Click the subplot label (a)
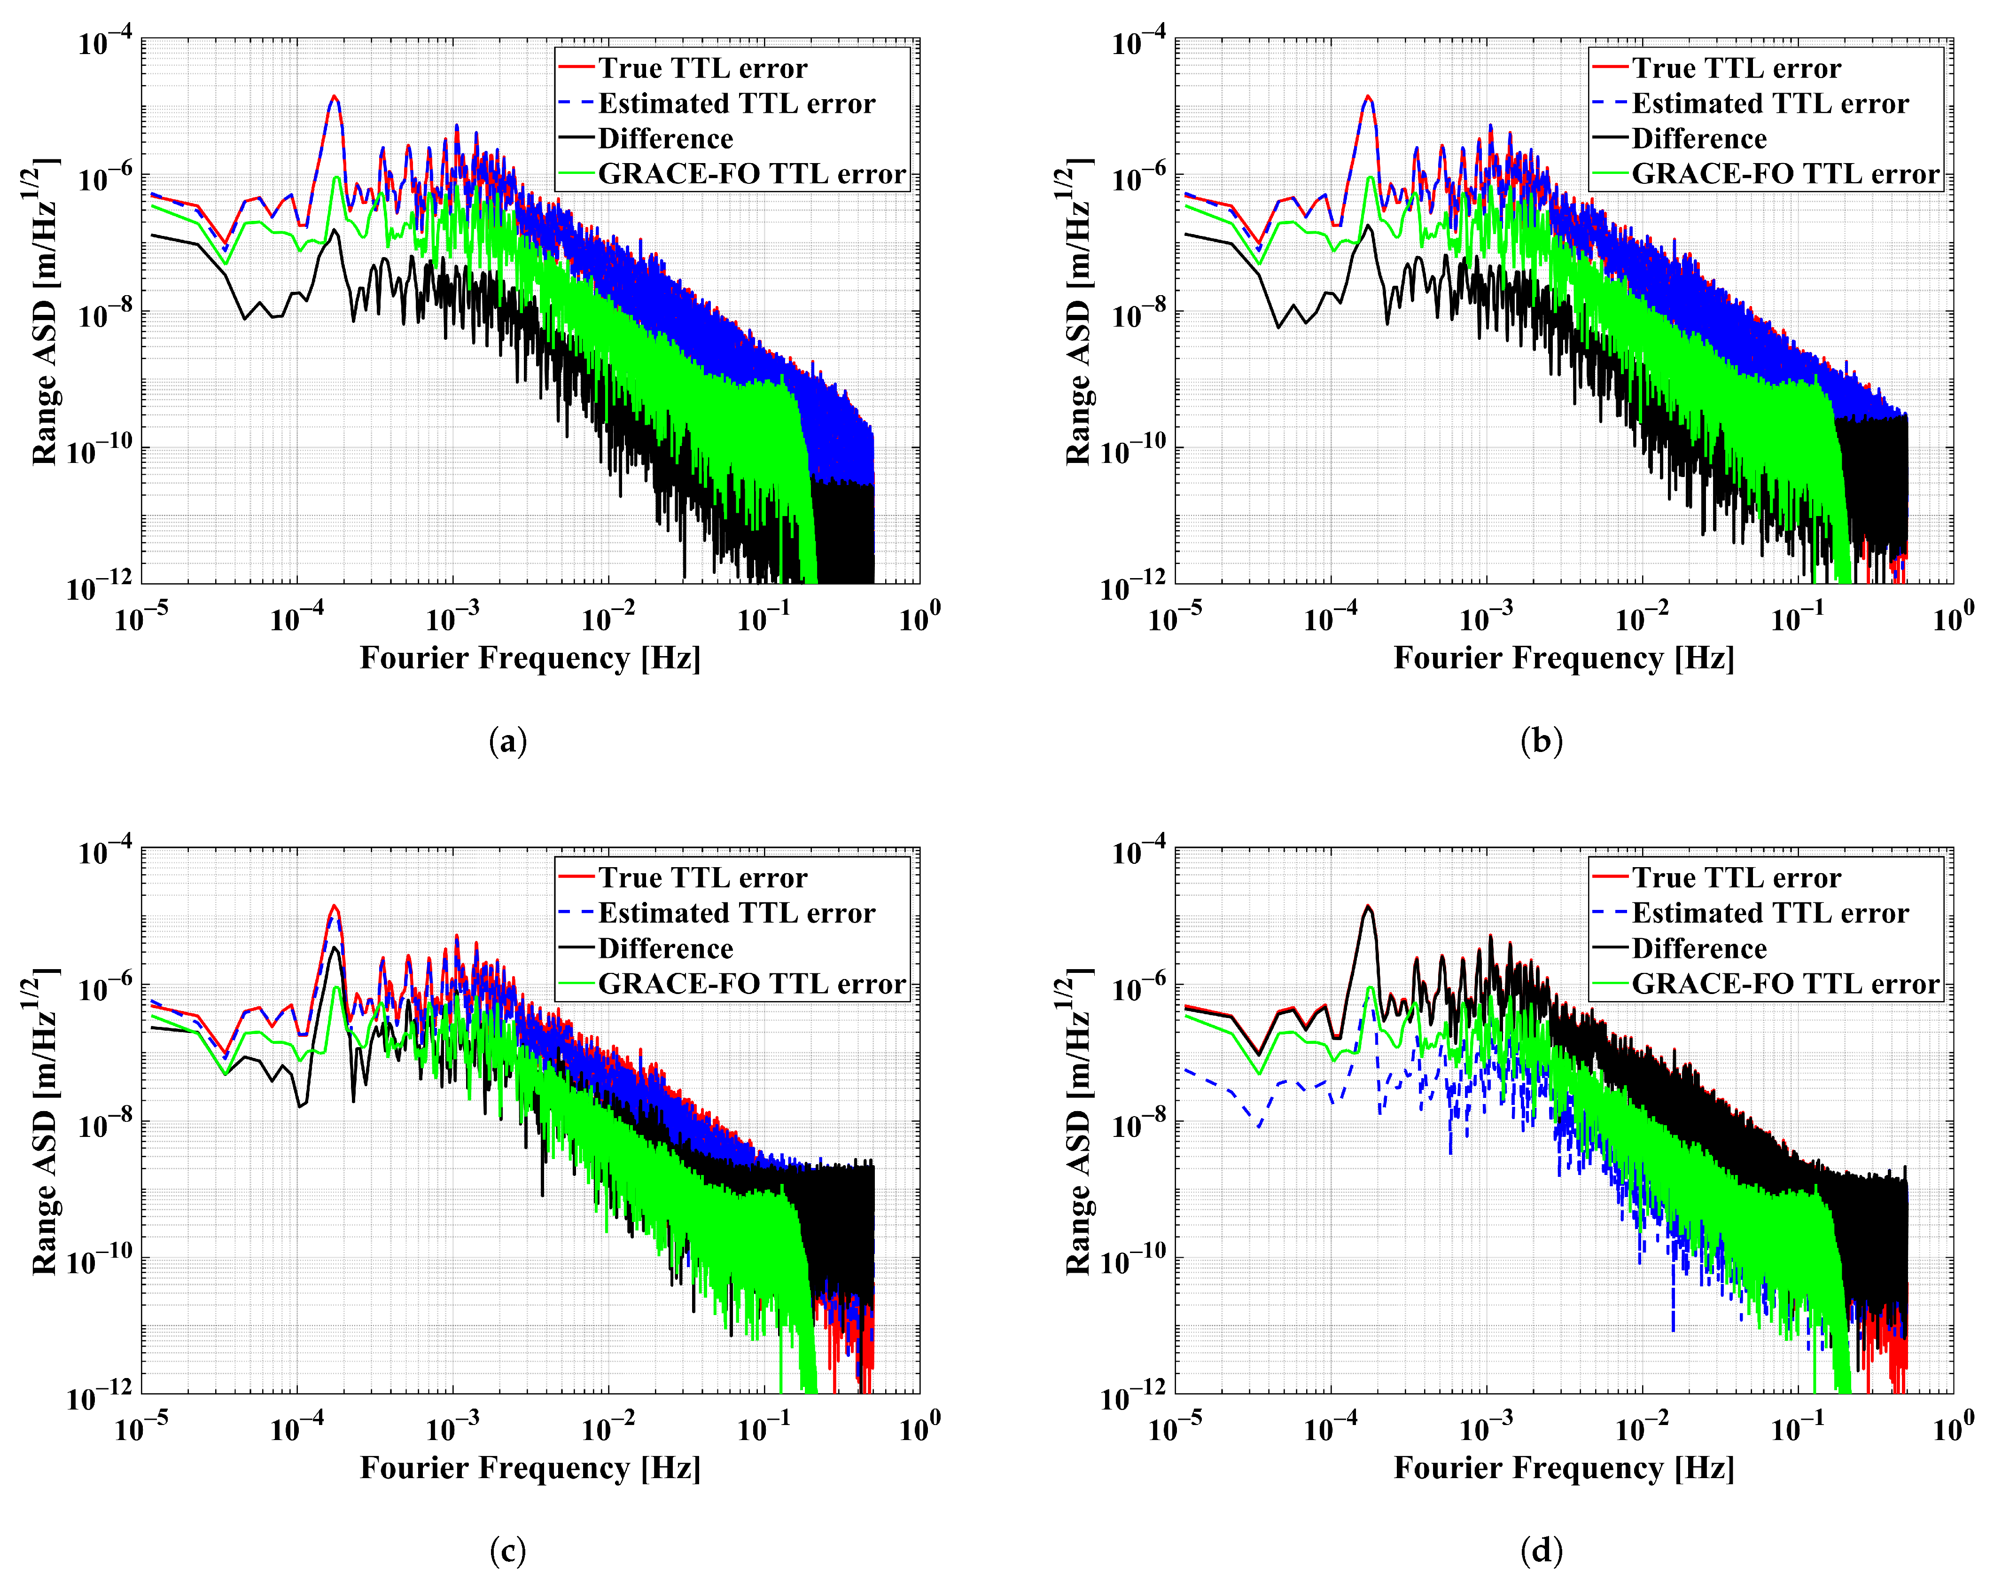(x=508, y=741)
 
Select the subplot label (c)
(x=508, y=1551)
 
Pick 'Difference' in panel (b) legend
(x=1699, y=139)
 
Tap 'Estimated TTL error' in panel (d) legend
(x=1769, y=913)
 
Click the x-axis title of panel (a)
(x=530, y=658)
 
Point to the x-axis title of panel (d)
(x=1564, y=1467)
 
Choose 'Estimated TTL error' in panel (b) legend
(x=1769, y=103)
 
